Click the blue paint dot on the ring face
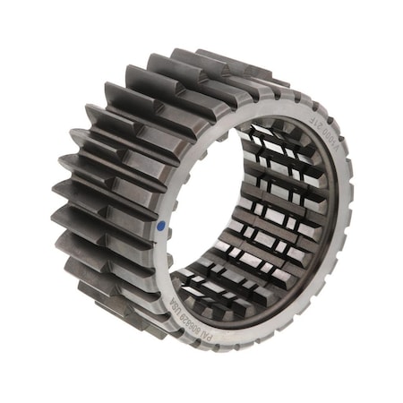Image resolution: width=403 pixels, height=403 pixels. [160, 227]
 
